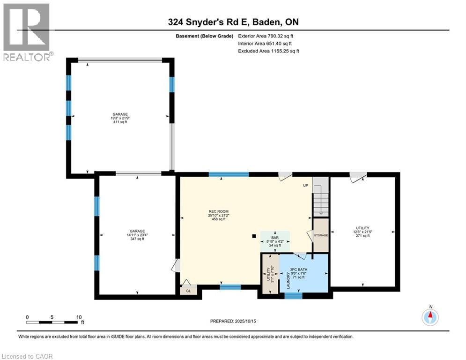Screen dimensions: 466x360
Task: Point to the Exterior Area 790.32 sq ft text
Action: [266, 36]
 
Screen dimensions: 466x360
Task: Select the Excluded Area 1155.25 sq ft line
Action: [269, 51]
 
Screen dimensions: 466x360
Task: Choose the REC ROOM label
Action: [218, 211]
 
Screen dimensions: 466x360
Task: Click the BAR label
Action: [275, 238]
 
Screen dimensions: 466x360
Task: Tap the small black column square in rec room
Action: [254, 236]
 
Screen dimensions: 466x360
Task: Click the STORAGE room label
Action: [321, 235]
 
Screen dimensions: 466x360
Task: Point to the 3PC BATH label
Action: [299, 270]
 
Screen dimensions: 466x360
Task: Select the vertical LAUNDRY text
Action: [288, 280]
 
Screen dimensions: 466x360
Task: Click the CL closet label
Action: [188, 291]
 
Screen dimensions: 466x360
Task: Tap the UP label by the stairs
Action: [305, 185]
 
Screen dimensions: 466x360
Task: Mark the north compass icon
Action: [430, 316]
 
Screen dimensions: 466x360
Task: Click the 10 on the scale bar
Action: [79, 317]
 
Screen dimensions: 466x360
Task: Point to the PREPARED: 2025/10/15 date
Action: [233, 321]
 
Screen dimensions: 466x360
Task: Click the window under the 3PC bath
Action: [293, 296]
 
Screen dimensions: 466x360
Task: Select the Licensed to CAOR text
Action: [27, 356]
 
